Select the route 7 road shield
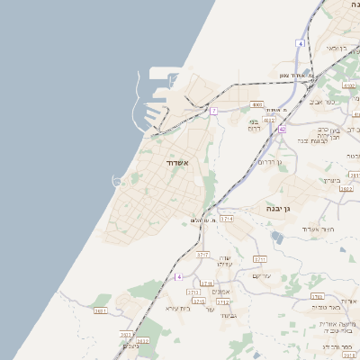214,112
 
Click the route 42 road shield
282,130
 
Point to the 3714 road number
226,219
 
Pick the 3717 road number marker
202,255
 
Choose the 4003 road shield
256,104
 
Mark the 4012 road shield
268,120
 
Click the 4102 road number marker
348,85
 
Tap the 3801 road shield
100,310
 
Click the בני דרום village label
255,124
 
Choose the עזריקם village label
261,275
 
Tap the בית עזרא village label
177,309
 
